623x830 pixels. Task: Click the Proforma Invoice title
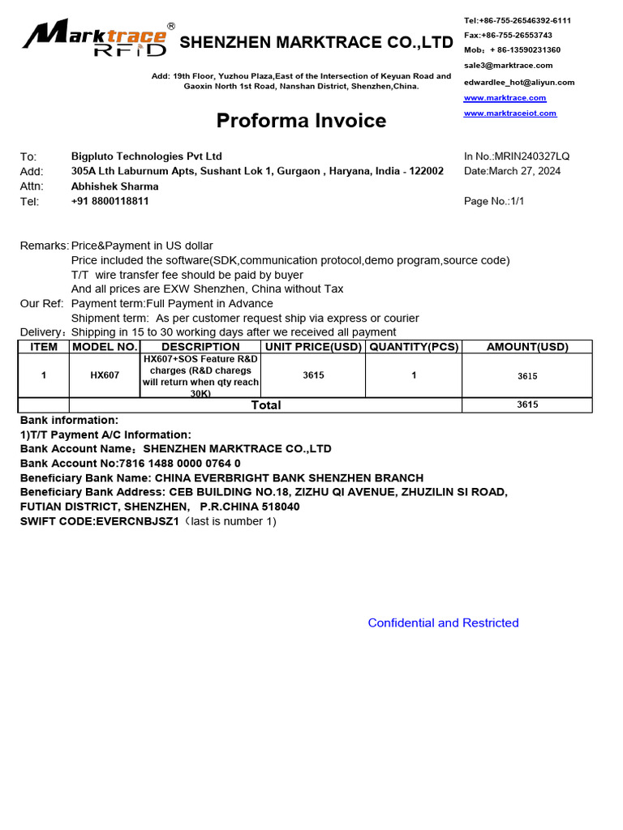tap(301, 121)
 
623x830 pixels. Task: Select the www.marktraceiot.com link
tap(509, 113)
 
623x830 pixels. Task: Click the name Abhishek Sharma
tap(114, 186)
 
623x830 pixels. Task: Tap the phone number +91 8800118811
tap(110, 201)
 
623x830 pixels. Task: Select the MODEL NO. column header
tap(105, 347)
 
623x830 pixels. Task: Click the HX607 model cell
tap(105, 376)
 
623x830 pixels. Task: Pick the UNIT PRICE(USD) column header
tap(314, 347)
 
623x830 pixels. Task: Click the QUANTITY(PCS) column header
tap(414, 347)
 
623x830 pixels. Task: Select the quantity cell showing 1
tap(414, 375)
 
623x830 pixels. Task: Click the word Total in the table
tap(266, 405)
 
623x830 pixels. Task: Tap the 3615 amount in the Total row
tap(527, 405)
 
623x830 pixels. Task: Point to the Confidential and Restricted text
tap(443, 623)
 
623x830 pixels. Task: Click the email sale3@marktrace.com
tap(508, 66)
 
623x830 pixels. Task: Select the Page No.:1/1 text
tap(494, 201)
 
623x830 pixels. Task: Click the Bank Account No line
tap(130, 464)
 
